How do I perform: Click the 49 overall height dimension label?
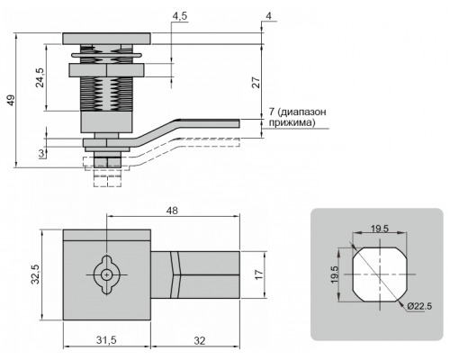[11, 100]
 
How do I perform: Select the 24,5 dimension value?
[40, 77]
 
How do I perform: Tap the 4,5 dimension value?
[180, 16]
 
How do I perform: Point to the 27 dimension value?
[256, 82]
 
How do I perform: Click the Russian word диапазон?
[302, 112]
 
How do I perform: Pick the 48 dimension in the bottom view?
[172, 211]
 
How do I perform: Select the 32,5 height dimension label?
[36, 274]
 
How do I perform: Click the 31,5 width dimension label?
[106, 340]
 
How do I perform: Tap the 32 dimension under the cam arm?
[200, 341]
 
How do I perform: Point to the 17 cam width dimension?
[259, 274]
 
